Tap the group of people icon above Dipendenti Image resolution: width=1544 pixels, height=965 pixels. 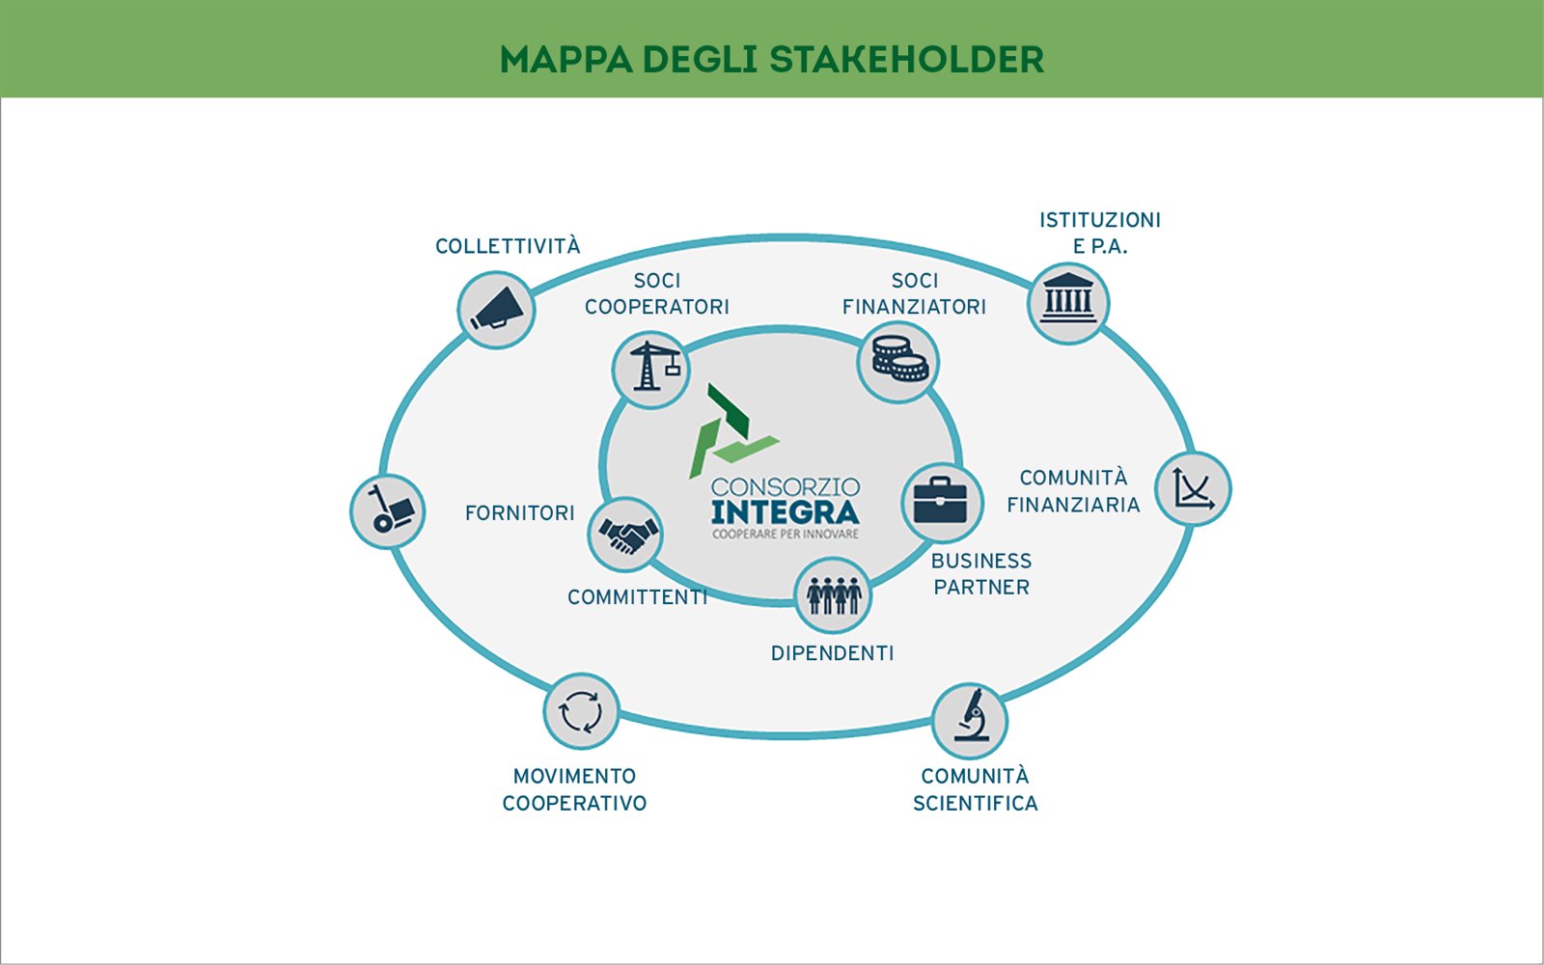833,595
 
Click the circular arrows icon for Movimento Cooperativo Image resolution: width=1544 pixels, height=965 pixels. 581,711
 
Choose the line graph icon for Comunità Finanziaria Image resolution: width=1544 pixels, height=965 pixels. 1193,488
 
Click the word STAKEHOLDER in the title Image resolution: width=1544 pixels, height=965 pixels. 906,59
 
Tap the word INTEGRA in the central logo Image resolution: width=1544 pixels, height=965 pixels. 786,512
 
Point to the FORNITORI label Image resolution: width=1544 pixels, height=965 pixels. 520,513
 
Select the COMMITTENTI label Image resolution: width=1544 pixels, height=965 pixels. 638,597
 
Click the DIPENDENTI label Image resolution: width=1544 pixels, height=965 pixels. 833,653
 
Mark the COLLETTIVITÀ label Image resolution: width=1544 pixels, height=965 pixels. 508,245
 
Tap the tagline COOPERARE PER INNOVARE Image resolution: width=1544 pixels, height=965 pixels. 786,535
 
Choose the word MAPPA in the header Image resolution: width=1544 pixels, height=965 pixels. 566,59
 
